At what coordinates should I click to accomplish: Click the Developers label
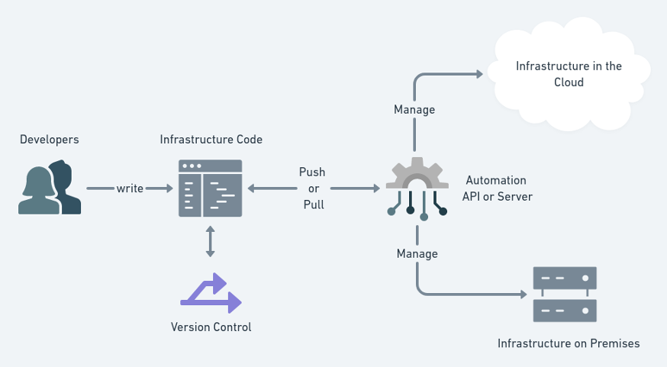[49, 140]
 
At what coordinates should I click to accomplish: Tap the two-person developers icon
[50, 188]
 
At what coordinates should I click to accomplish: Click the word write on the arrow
[130, 188]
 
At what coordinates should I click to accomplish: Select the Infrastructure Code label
[211, 140]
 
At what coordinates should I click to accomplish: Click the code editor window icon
[210, 188]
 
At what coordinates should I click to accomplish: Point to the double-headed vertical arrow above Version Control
[210, 242]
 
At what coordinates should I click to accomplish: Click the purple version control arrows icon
[211, 294]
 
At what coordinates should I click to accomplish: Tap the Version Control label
[211, 327]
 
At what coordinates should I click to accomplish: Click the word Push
[312, 172]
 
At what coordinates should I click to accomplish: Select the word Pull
[312, 204]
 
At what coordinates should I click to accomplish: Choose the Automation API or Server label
[497, 188]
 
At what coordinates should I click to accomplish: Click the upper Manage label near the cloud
[414, 110]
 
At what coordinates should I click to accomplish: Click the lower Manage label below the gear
[417, 253]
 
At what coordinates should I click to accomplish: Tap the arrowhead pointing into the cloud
[479, 74]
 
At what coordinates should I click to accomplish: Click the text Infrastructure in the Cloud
[569, 74]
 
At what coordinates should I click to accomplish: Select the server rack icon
[565, 295]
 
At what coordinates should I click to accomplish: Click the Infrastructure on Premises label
[569, 343]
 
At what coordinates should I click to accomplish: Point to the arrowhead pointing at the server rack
[524, 294]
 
